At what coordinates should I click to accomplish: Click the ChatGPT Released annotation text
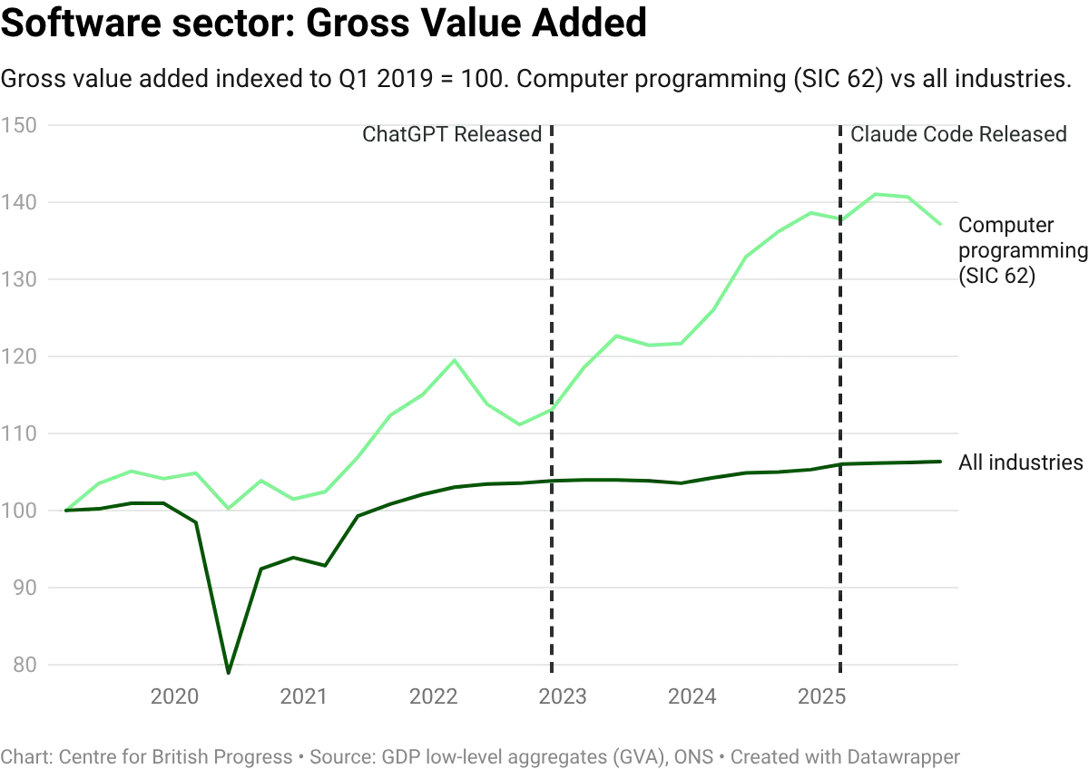click(x=456, y=136)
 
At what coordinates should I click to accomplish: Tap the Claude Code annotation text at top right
click(x=957, y=136)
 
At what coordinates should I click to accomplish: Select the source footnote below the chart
click(x=481, y=754)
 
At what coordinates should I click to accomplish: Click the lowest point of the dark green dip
click(x=229, y=669)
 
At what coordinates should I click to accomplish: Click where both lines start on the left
click(x=66, y=511)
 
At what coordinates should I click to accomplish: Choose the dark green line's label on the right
click(x=1020, y=462)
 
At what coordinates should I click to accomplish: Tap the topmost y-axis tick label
click(x=22, y=128)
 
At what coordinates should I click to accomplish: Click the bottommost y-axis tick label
click(x=22, y=664)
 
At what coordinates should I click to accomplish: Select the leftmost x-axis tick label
click(x=172, y=696)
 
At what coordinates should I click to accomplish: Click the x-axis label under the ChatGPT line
click(x=563, y=696)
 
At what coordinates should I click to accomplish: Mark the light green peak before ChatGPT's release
click(x=454, y=360)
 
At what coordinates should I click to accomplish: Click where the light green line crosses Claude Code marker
click(x=837, y=219)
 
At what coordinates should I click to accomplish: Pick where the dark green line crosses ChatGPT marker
click(x=551, y=480)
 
